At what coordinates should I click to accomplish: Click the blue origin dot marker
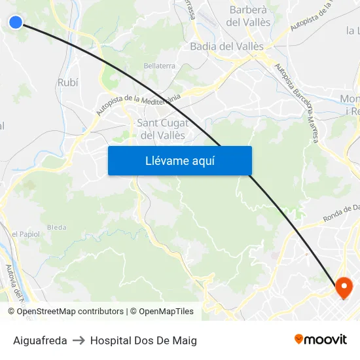coord(16,22)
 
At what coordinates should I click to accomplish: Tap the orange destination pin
coord(344,287)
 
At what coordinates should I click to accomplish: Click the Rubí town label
coord(67,82)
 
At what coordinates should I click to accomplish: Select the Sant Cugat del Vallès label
coord(163,129)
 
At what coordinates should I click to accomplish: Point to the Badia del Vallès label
coord(226,46)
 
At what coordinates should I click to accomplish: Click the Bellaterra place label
coord(160,66)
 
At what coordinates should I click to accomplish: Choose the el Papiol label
coord(26,234)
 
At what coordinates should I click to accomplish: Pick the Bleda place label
coord(57,227)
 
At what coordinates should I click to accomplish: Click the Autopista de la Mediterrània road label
coord(138,103)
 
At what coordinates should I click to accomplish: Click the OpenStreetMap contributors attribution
coord(70,312)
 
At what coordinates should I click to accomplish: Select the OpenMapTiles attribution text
coord(162,312)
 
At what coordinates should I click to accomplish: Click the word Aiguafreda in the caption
coord(40,340)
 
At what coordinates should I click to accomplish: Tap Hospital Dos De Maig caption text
coord(143,340)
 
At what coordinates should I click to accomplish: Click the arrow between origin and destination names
coord(79,340)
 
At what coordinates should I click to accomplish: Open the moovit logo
coord(320,339)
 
